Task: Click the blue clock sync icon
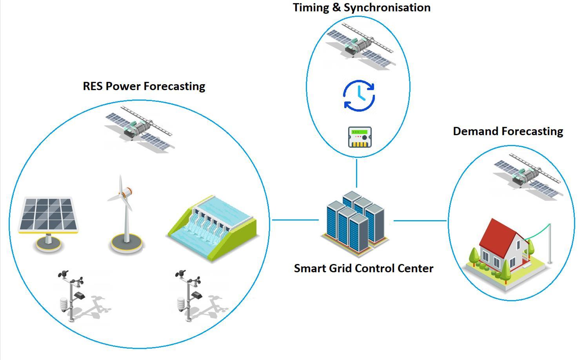point(359,96)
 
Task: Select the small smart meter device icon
point(360,137)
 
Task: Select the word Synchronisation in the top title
point(387,7)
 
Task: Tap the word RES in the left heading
point(93,86)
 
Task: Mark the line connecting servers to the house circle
point(420,221)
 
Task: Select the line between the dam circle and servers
point(295,220)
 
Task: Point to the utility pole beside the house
point(550,243)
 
